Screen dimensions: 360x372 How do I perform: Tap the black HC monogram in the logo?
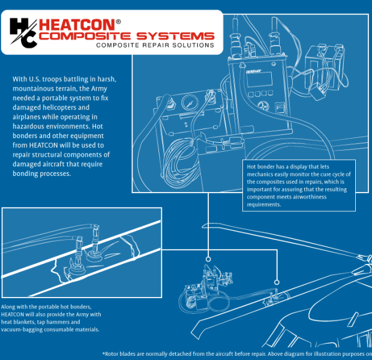pos(22,32)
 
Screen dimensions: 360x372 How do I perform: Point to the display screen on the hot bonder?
pos(259,79)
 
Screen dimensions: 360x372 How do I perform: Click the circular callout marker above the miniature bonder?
pos(208,260)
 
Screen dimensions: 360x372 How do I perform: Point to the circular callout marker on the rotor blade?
pos(277,281)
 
